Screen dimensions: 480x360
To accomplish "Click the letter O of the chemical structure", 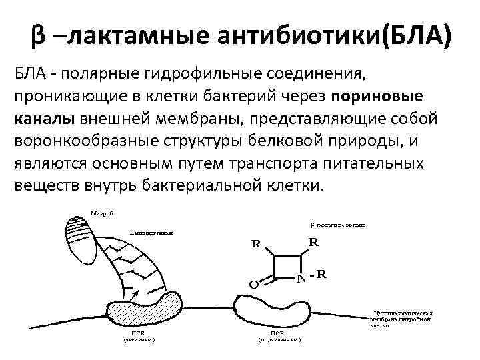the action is click(x=253, y=285).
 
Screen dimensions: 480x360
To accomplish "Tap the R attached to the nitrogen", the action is click(x=321, y=273).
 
